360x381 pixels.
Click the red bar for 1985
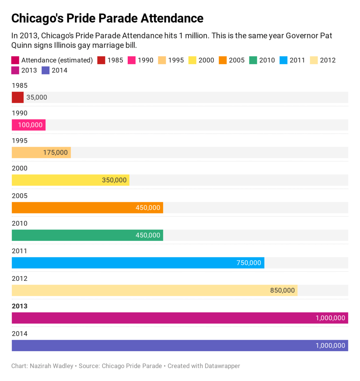[17, 98]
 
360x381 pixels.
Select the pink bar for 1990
[29, 125]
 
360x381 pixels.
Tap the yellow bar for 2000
[70, 180]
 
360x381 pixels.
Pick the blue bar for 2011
[138, 263]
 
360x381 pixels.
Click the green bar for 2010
[87, 235]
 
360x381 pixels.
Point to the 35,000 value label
[37, 98]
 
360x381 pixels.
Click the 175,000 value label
[55, 153]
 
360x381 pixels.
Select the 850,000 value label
[282, 290]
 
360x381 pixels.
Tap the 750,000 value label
[249, 263]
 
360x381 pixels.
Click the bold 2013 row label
[19, 306]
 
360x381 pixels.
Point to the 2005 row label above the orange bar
[19, 196]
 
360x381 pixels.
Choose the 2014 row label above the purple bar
[19, 334]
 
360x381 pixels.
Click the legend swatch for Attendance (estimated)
[15, 60]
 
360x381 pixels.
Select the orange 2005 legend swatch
[223, 60]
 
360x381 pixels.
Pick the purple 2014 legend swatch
[45, 70]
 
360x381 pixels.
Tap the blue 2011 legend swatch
[283, 60]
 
